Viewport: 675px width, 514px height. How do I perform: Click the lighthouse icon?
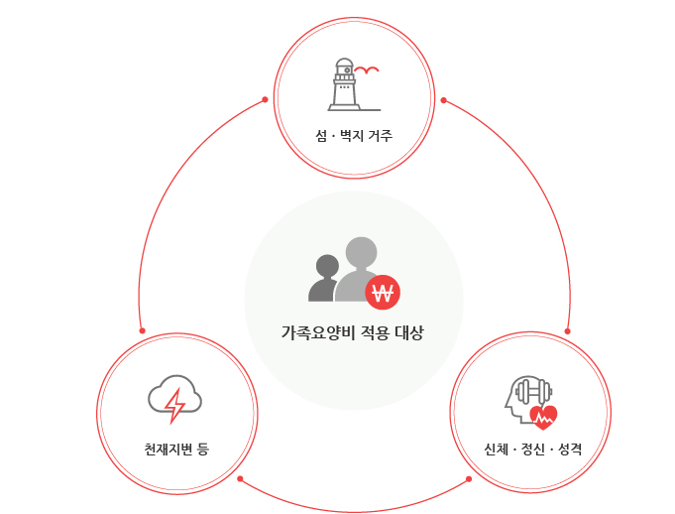344,83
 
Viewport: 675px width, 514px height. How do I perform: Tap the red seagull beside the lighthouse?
367,69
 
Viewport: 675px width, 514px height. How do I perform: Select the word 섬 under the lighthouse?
321,134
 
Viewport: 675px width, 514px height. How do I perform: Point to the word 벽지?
351,134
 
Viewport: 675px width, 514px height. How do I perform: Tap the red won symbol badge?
382,292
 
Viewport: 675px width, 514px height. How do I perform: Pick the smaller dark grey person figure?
324,278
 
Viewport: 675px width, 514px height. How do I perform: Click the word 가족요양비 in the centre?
313,333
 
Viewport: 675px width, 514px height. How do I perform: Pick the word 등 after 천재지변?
203,450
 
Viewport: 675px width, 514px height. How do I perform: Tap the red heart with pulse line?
543,416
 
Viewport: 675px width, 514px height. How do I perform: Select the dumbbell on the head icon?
532,393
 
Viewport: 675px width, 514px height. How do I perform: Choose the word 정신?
533,450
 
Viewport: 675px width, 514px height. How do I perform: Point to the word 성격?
570,450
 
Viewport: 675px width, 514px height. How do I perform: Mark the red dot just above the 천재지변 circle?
142,330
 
